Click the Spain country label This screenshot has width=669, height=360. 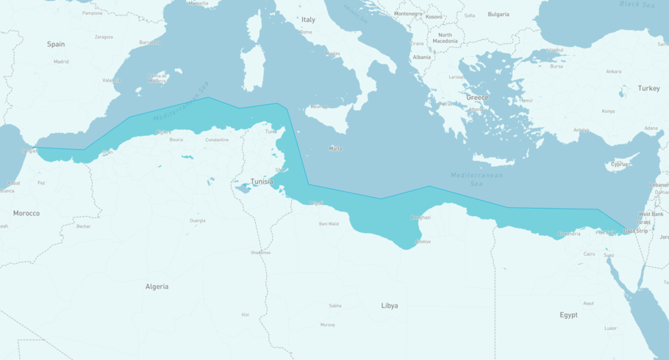pyautogui.click(x=56, y=44)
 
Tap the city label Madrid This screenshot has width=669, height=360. pyautogui.click(x=60, y=62)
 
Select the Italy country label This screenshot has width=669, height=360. pyautogui.click(x=308, y=20)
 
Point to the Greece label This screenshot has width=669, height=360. pyautogui.click(x=476, y=98)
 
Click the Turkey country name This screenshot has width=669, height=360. pyautogui.click(x=648, y=88)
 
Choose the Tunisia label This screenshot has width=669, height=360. pyautogui.click(x=262, y=181)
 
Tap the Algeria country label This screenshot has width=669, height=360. pyautogui.click(x=157, y=287)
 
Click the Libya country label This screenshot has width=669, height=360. pyautogui.click(x=390, y=306)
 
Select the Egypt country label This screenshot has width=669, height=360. pyautogui.click(x=568, y=315)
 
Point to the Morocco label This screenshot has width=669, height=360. pyautogui.click(x=26, y=213)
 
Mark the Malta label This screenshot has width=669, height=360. pyautogui.click(x=335, y=148)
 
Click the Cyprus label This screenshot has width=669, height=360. pyautogui.click(x=620, y=165)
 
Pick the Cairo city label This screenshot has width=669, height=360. pyautogui.click(x=590, y=254)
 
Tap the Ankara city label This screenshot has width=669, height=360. pyautogui.click(x=613, y=71)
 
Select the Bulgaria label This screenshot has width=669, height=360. pyautogui.click(x=498, y=14)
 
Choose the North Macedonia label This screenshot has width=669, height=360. pyautogui.click(x=446, y=38)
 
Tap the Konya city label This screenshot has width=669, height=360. pyautogui.click(x=608, y=111)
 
